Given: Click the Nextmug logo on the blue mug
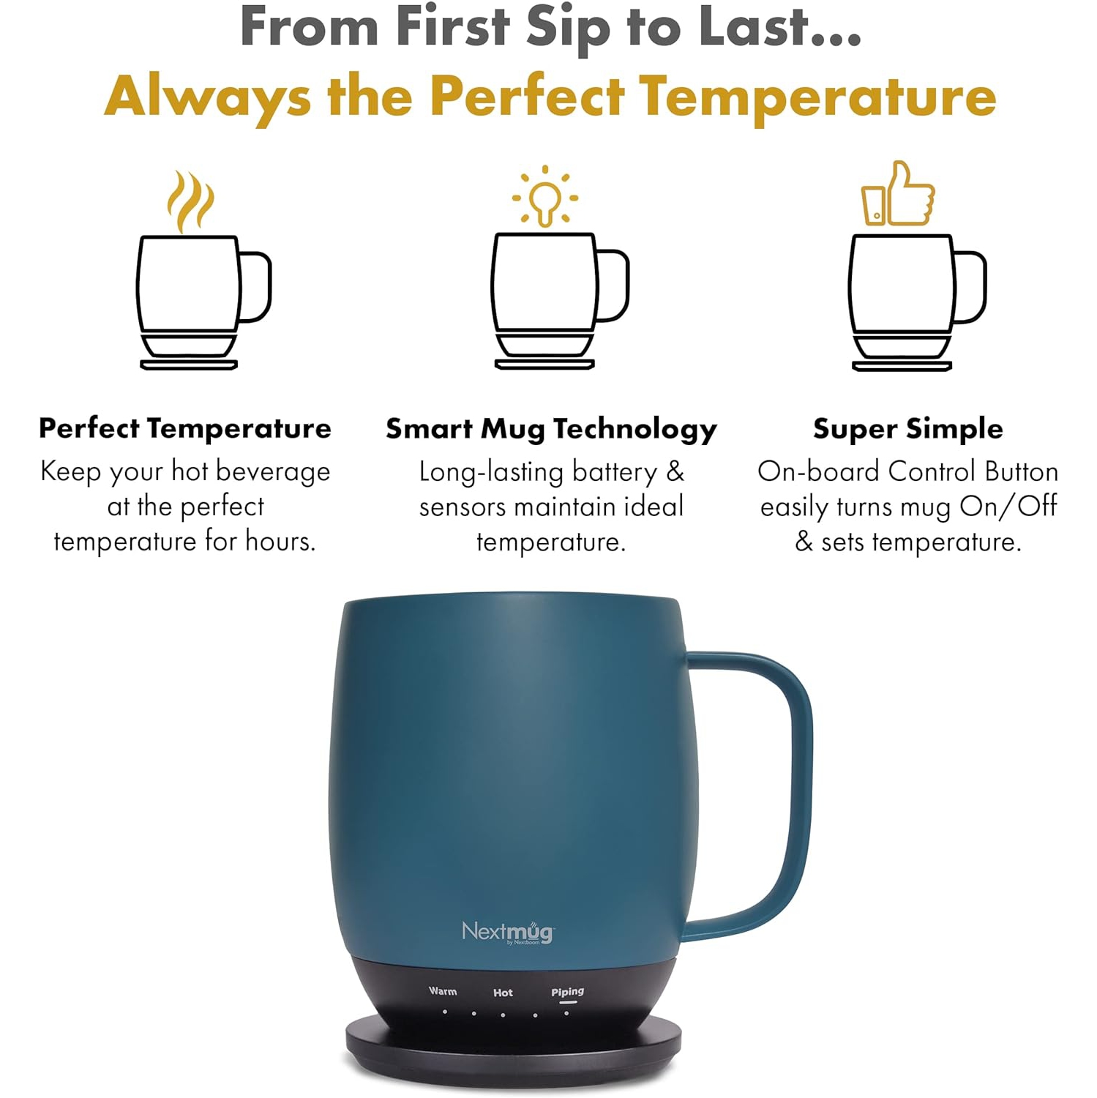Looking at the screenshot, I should click(507, 933).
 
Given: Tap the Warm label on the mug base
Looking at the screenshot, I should click(443, 991).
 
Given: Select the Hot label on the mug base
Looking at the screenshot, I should click(503, 993).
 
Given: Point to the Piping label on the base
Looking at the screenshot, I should click(568, 992).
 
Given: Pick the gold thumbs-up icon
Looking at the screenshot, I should click(899, 194).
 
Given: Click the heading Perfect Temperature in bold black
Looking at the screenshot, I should click(185, 428).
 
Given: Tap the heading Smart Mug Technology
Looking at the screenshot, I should click(551, 429).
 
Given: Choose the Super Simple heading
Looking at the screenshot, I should click(908, 429).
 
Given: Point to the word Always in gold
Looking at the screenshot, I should click(208, 98).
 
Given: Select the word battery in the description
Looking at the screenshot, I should click(614, 472).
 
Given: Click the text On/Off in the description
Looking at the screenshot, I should click(1008, 507).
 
